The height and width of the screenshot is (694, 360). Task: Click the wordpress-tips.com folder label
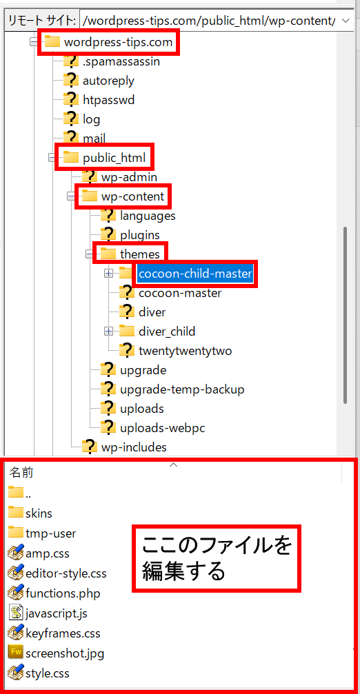(118, 43)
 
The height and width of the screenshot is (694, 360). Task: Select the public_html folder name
(114, 157)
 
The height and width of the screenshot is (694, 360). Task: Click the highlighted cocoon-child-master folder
(195, 274)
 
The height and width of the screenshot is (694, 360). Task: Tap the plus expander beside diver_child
(108, 331)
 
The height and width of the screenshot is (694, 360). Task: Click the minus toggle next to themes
(90, 254)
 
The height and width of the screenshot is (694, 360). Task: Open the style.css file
(48, 674)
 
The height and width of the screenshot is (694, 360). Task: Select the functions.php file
(63, 593)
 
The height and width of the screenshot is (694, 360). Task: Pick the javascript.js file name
(57, 613)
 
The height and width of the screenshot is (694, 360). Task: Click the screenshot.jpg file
(65, 653)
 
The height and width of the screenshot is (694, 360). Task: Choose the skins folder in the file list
(39, 513)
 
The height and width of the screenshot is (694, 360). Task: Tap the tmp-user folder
(51, 533)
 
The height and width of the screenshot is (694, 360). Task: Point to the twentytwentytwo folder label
(185, 351)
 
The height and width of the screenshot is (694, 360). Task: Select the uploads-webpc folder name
(163, 428)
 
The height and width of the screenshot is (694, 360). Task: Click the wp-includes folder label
(134, 447)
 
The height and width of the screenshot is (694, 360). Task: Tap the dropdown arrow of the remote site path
(346, 21)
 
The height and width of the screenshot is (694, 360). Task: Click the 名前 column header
(21, 473)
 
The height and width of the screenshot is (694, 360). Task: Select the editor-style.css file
(66, 573)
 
